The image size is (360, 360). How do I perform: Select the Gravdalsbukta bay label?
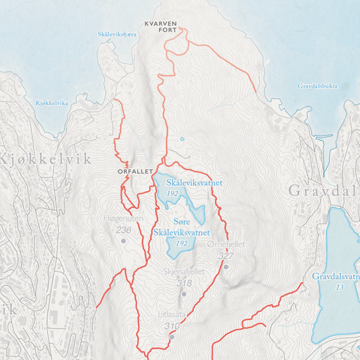pos(317,86)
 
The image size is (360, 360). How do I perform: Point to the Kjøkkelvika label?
pos(52,103)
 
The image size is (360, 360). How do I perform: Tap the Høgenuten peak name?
pos(123,219)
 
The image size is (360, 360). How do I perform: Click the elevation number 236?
pos(123,230)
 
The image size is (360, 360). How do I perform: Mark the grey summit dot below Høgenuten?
pos(124,241)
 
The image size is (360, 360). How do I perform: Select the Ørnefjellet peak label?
pos(226,244)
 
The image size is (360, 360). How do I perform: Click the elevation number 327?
pos(226,255)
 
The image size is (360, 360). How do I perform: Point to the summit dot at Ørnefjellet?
pos(226,266)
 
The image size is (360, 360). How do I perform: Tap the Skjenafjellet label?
pos(185,272)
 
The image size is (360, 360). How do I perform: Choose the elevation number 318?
pos(184,283)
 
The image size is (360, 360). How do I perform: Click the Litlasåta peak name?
pos(172,314)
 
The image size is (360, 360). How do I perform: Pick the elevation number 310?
pos(172,325)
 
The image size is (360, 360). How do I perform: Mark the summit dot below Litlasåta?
pos(172,336)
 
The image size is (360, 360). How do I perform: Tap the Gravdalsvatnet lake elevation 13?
pos(338,287)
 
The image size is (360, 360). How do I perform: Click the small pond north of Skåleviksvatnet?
pos(182,139)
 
